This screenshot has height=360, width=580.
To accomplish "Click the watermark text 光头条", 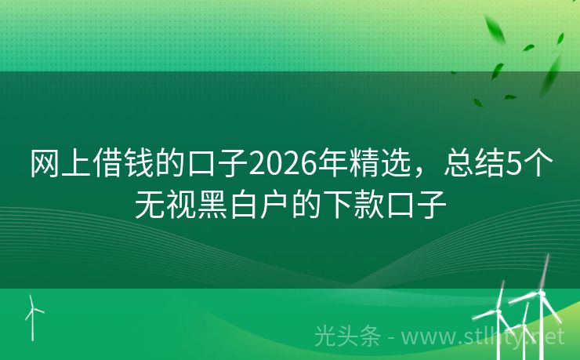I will [347, 336].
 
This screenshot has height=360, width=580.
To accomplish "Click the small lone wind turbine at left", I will [33, 314].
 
